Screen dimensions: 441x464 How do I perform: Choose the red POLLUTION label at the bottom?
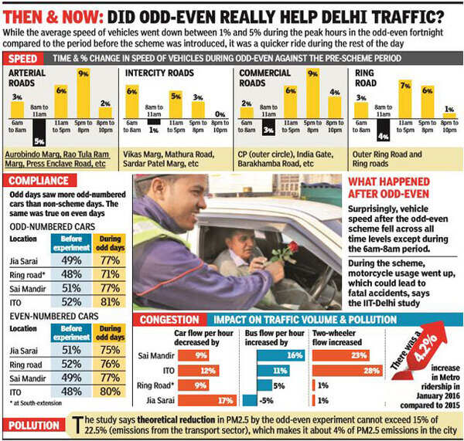pos(36,426)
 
